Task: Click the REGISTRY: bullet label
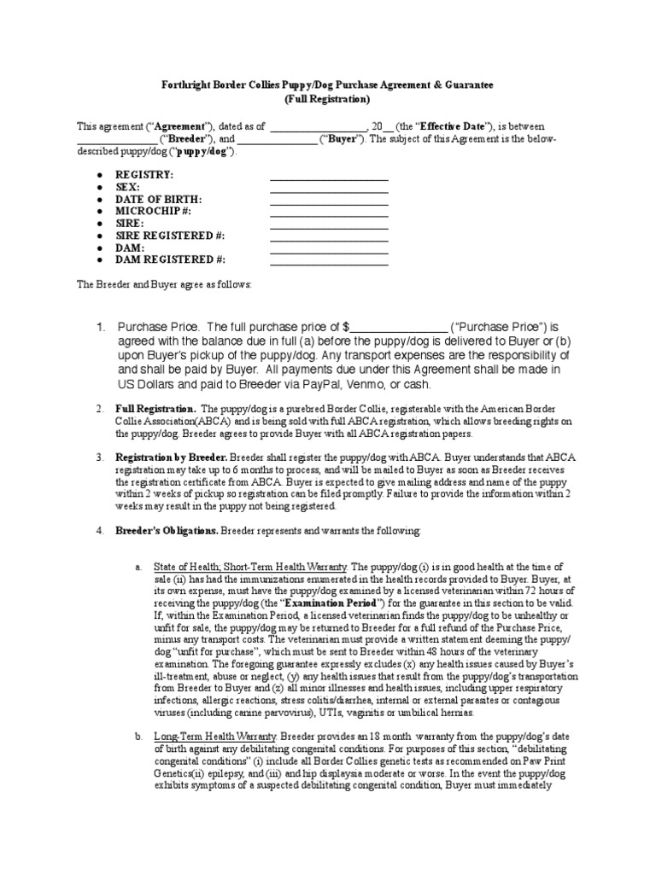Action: click(143, 175)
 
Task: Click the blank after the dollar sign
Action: click(398, 327)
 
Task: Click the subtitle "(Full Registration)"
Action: click(327, 100)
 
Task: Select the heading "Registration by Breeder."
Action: click(165, 457)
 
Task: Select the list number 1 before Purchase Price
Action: click(100, 327)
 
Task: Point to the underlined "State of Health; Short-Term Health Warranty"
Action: click(250, 567)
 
